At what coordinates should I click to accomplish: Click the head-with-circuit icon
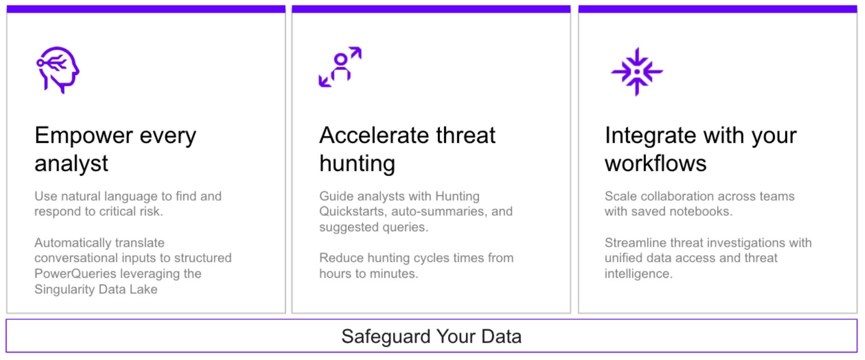(x=58, y=70)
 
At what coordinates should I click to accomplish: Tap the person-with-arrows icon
(x=340, y=67)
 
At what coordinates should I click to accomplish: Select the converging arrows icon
(x=637, y=72)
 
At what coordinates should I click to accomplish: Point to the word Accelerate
(x=374, y=135)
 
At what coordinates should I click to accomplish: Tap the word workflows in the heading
(x=656, y=163)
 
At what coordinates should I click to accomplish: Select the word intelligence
(x=638, y=274)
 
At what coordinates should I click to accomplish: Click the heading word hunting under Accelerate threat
(x=357, y=164)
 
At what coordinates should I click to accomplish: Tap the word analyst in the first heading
(x=71, y=164)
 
